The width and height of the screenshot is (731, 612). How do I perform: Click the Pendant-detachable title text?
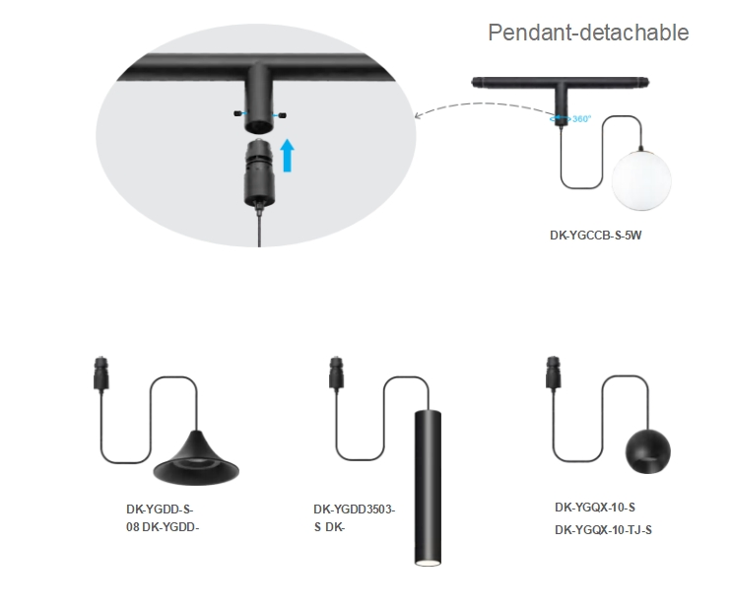coord(588,33)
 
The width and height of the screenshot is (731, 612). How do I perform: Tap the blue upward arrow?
coord(287,155)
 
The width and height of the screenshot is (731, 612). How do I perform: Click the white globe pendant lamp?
coord(640,179)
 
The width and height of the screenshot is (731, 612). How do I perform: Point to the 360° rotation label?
coord(580,119)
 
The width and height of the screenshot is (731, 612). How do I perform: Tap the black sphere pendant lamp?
coord(649,451)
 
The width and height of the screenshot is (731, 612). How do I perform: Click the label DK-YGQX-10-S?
coord(602,509)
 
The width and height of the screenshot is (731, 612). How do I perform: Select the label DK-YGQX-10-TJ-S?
coord(603,529)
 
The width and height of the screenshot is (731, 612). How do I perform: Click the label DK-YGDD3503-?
coord(355,510)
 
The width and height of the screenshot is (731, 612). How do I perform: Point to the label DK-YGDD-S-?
coord(160,510)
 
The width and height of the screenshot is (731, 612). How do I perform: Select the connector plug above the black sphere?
coord(553,374)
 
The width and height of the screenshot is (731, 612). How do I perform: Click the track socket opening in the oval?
coord(258,124)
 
